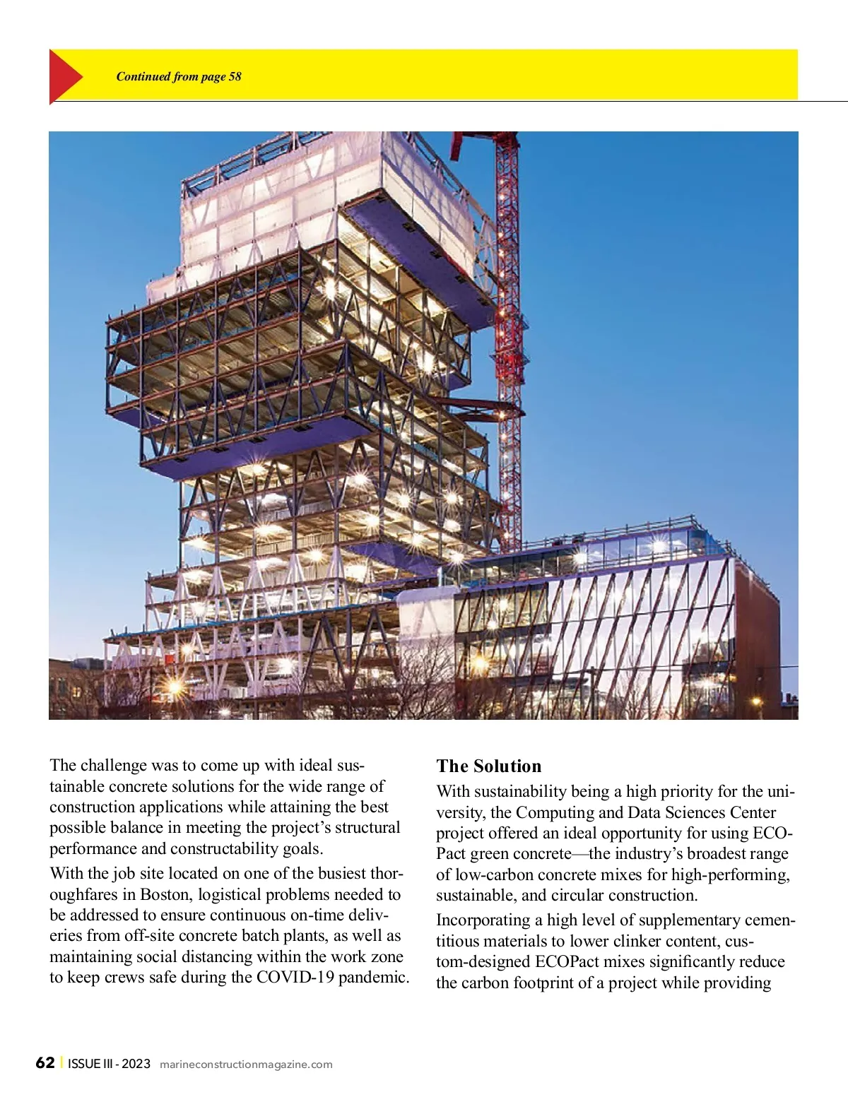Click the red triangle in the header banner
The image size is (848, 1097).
pyautogui.click(x=64, y=76)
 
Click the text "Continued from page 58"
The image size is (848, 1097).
pyautogui.click(x=179, y=76)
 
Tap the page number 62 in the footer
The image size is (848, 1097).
pyautogui.click(x=45, y=1063)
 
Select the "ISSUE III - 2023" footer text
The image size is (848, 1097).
pyautogui.click(x=110, y=1064)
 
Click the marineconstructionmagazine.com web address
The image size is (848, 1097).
pyautogui.click(x=246, y=1065)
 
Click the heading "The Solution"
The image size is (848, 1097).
pyautogui.click(x=488, y=766)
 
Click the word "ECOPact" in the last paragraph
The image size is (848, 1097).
pyautogui.click(x=567, y=962)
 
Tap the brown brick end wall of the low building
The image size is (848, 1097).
pyautogui.click(x=757, y=636)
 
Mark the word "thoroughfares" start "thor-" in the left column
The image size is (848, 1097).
pyautogui.click(x=385, y=874)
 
